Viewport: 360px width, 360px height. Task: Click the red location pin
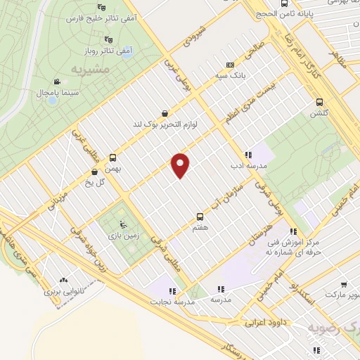pyautogui.click(x=181, y=165)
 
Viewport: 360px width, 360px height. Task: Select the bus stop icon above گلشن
pyautogui.click(x=319, y=101)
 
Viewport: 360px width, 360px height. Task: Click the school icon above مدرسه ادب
pyautogui.click(x=248, y=155)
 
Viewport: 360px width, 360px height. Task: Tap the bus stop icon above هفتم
pyautogui.click(x=200, y=217)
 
